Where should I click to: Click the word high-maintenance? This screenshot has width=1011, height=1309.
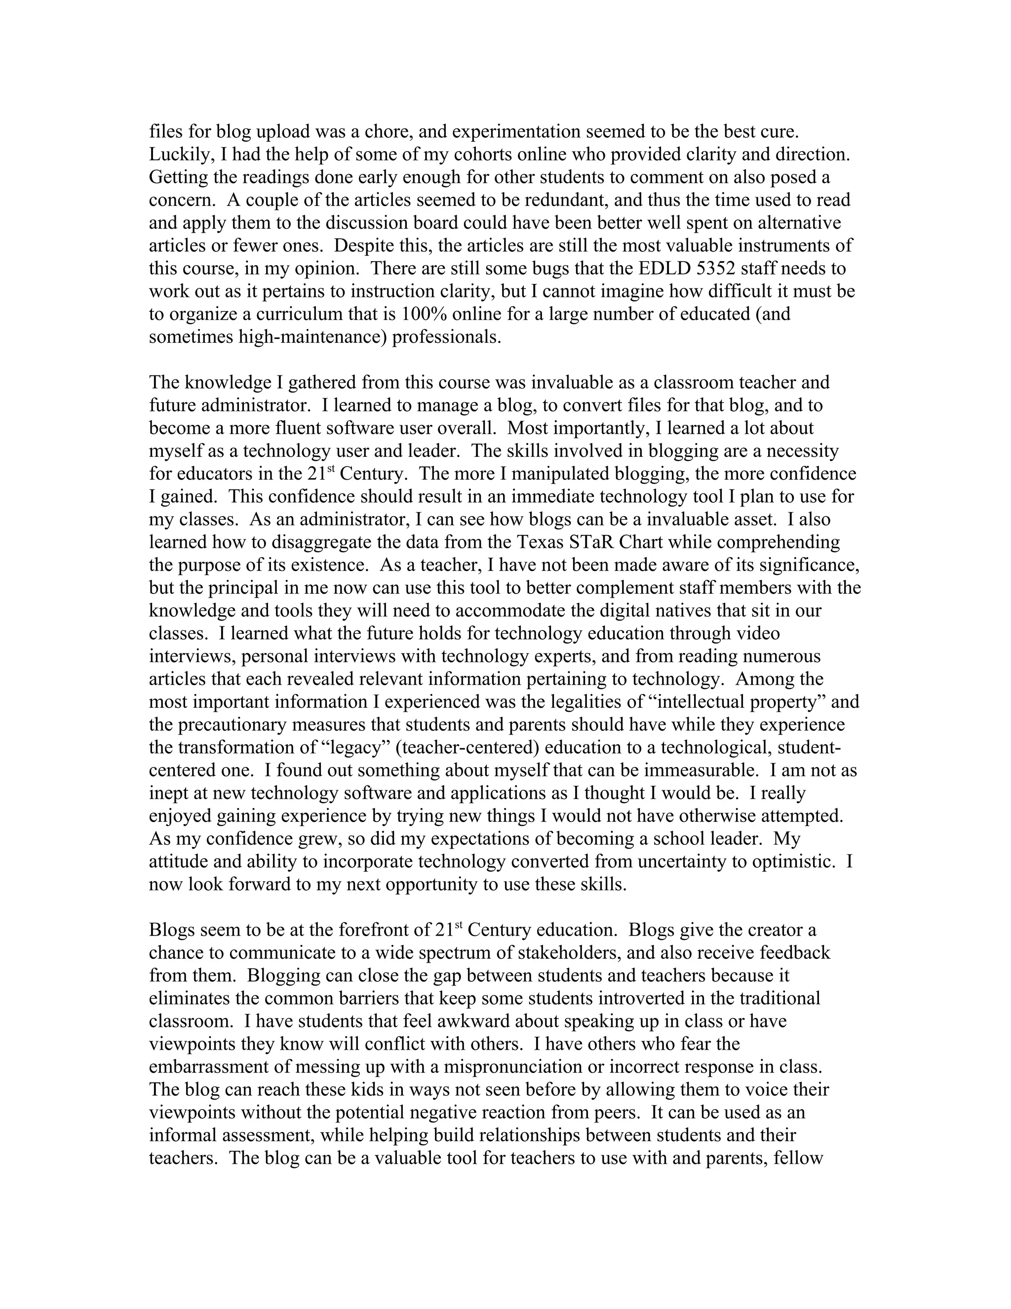pos(313,337)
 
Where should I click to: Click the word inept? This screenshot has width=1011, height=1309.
pos(169,793)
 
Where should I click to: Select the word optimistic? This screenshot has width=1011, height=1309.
pos(794,861)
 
